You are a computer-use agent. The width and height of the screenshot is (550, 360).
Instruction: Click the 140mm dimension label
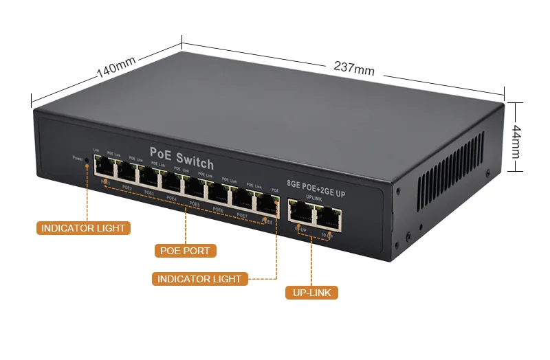(116, 68)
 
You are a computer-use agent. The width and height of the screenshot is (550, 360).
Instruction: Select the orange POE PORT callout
(185, 251)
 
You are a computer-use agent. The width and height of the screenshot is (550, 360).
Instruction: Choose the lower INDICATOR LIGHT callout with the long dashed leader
(199, 279)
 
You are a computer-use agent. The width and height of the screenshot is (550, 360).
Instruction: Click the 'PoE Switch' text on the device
(181, 157)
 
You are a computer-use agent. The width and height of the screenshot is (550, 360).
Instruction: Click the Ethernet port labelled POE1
(104, 167)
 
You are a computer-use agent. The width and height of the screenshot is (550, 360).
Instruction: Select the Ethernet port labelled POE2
(127, 172)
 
